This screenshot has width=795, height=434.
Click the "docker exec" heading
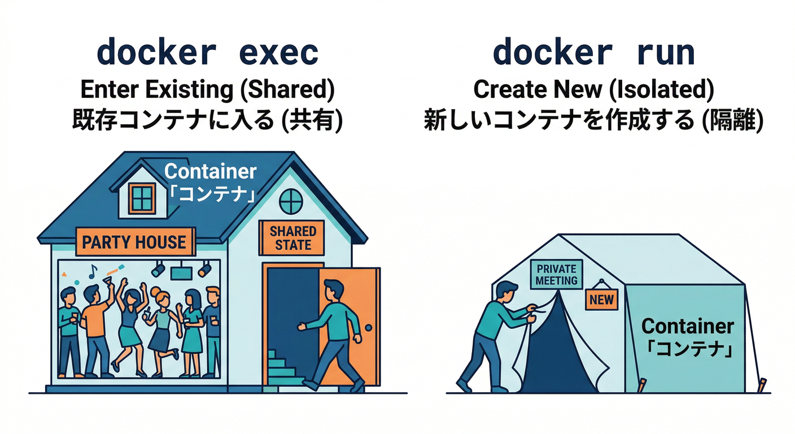207,53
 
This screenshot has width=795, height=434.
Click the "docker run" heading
593,53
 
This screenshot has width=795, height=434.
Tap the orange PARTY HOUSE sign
134,242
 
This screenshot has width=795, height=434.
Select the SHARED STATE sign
292,238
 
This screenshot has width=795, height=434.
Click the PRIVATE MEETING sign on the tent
556,275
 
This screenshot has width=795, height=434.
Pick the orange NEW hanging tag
601,299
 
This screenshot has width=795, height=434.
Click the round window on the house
291,200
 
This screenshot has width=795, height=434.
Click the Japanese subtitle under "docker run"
593,121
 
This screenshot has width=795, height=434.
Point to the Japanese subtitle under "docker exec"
207,121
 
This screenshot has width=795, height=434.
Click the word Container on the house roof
210,171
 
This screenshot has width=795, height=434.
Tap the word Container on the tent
688,326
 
